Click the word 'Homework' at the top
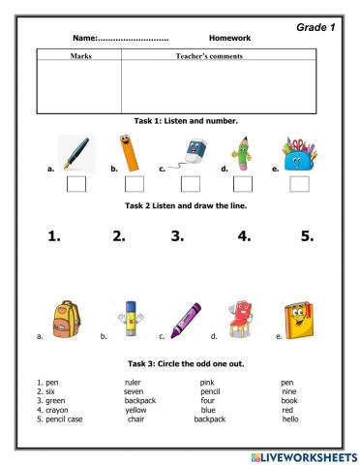point(229,38)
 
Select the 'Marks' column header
point(75,57)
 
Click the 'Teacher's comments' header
point(213,57)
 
